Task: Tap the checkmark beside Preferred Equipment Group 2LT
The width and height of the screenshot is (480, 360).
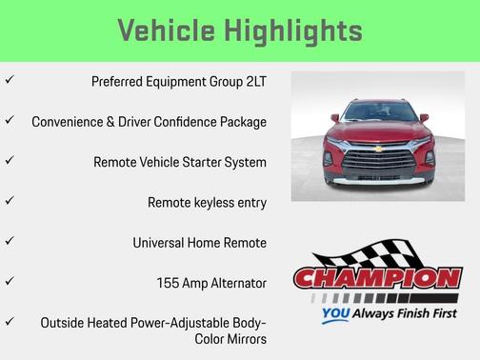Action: pyautogui.click(x=9, y=81)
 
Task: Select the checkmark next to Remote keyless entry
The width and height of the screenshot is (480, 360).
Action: pyautogui.click(x=9, y=201)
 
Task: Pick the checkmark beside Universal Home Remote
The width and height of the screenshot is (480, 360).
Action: pyautogui.click(x=9, y=241)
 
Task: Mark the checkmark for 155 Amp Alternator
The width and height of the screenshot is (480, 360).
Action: pyautogui.click(x=9, y=282)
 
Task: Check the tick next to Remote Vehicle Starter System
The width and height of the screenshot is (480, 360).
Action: pyautogui.click(x=9, y=161)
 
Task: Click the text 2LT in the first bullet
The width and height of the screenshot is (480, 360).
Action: pyautogui.click(x=252, y=82)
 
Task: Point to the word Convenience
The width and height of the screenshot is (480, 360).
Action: pyautogui.click(x=72, y=122)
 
